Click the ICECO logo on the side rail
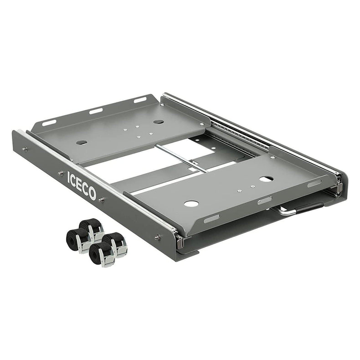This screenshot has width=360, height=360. [82, 185]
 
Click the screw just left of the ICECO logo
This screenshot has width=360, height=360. [61, 173]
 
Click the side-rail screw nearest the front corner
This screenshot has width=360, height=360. [158, 237]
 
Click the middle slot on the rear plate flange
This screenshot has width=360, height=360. [96, 111]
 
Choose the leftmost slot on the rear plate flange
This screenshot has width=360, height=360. [49, 123]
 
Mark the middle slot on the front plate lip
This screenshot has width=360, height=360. [264, 201]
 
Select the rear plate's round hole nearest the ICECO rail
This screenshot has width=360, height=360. [82, 143]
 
